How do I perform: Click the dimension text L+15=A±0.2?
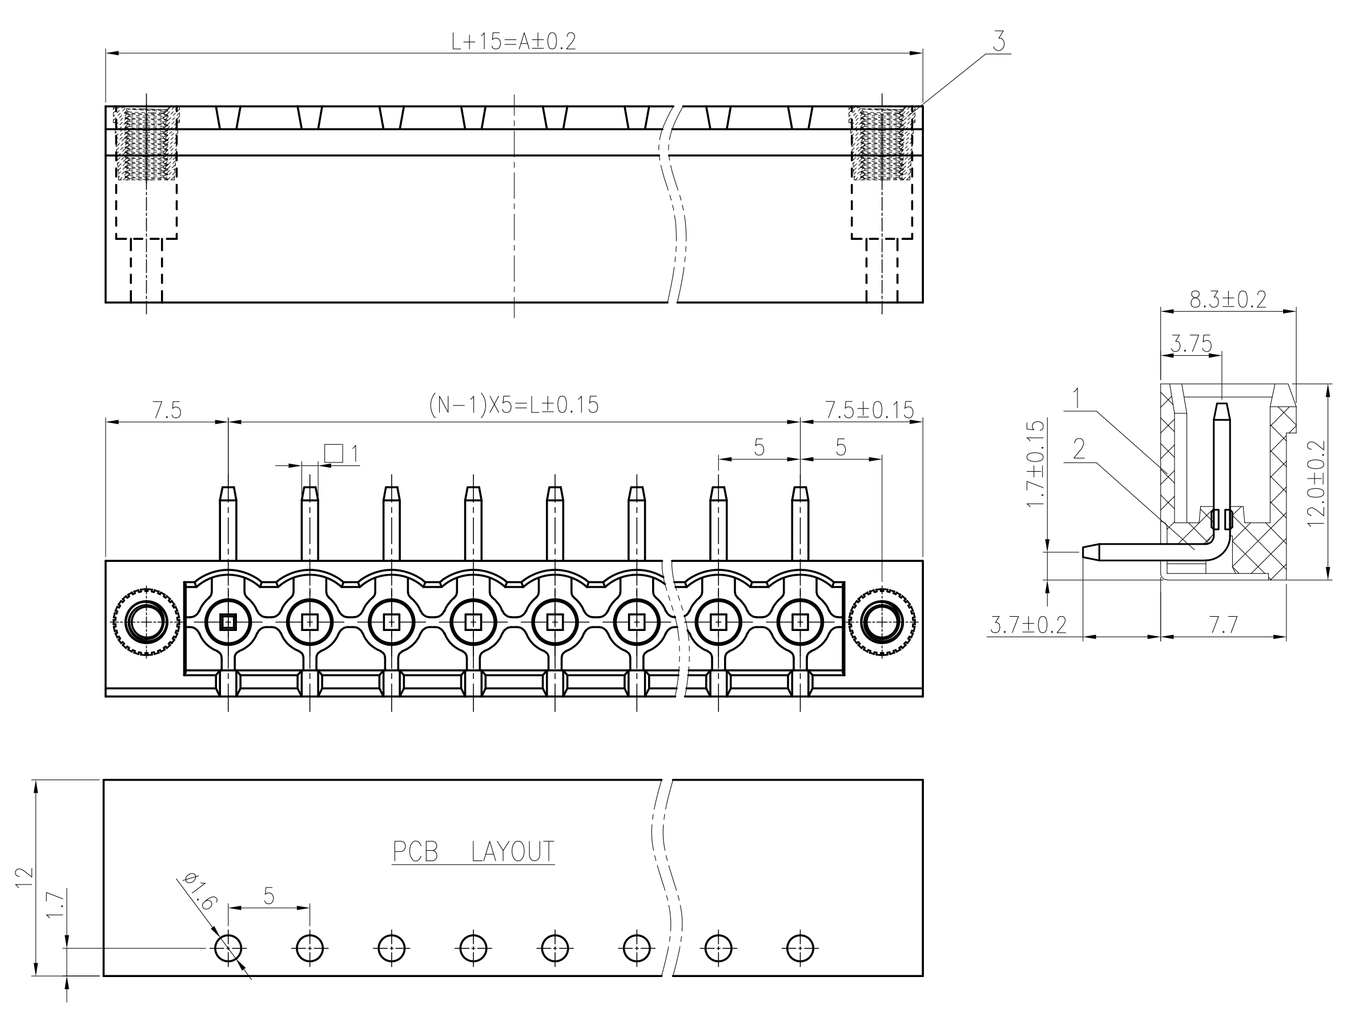513,42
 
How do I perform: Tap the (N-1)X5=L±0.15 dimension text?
513,405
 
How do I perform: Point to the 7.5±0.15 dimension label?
869,410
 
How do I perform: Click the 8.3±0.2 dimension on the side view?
1227,300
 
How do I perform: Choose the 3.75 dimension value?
1191,344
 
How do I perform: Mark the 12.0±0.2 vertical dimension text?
1316,483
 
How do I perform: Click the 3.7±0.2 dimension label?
1028,625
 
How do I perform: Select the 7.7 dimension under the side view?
1223,625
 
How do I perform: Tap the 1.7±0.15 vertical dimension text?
1035,464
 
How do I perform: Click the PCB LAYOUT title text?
473,851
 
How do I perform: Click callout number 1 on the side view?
1076,399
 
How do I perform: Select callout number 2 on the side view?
1079,449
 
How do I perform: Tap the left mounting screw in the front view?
146,621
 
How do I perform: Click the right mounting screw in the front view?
882,621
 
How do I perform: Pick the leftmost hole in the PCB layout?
228,947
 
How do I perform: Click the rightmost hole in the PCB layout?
801,947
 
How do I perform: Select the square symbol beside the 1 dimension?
333,453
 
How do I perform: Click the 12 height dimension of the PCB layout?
23,878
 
